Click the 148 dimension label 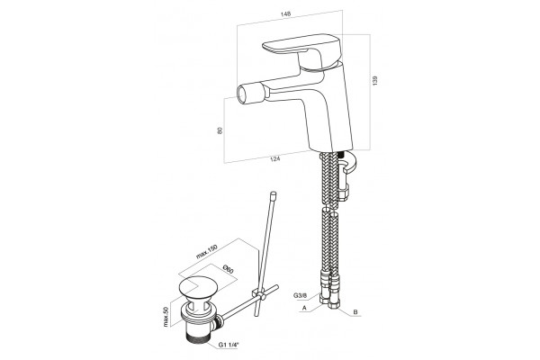point(286,14)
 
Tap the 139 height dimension point(375,81)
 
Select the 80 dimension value point(220,130)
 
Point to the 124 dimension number point(274,158)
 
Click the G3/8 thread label point(301,295)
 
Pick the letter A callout point(304,308)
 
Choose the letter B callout point(355,312)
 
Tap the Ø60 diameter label point(228,269)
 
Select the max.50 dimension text point(166,317)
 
